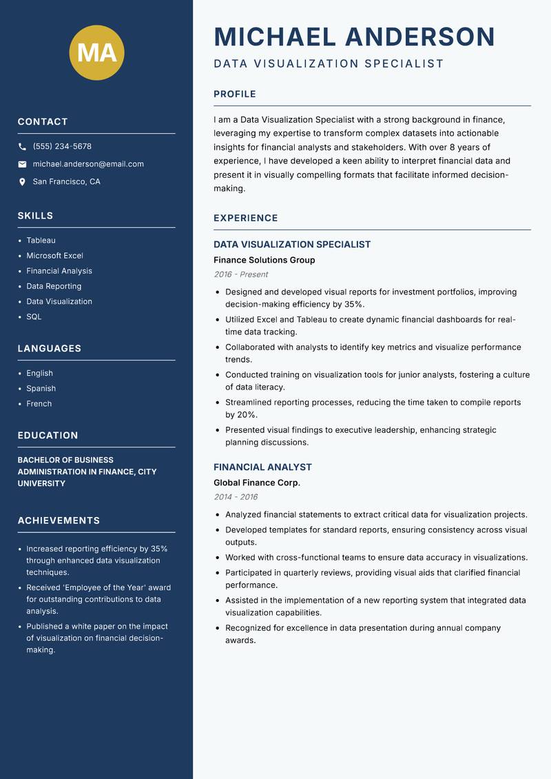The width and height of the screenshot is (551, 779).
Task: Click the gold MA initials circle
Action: pos(96,52)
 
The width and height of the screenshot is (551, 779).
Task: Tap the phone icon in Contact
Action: pos(23,147)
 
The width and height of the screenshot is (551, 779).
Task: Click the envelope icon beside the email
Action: pos(23,164)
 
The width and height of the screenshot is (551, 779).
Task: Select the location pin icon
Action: pos(23,182)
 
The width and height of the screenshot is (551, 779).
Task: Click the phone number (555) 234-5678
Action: pos(62,147)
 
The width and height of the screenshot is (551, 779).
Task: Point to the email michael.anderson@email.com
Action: pos(88,164)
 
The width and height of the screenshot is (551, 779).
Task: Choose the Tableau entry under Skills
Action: pos(41,241)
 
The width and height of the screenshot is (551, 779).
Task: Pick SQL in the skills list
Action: pos(34,317)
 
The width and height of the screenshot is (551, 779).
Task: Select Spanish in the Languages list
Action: pos(41,389)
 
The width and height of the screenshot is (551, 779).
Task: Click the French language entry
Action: pos(39,404)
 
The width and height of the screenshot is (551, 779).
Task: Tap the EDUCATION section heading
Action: pos(48,436)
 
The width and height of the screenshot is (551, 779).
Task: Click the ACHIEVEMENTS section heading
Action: pos(59,520)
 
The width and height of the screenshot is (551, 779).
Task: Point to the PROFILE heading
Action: pos(234,94)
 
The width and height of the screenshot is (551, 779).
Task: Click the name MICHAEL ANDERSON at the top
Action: pos(354,37)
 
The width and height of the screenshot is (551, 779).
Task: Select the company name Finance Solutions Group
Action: pos(264,261)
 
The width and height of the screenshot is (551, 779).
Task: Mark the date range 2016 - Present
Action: pos(241,274)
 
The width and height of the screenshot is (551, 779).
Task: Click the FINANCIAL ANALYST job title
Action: pos(262,467)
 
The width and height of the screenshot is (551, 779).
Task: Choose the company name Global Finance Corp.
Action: pos(256,483)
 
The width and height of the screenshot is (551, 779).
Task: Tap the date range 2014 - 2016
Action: pos(236,497)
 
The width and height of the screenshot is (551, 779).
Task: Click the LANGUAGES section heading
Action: pos(50,349)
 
